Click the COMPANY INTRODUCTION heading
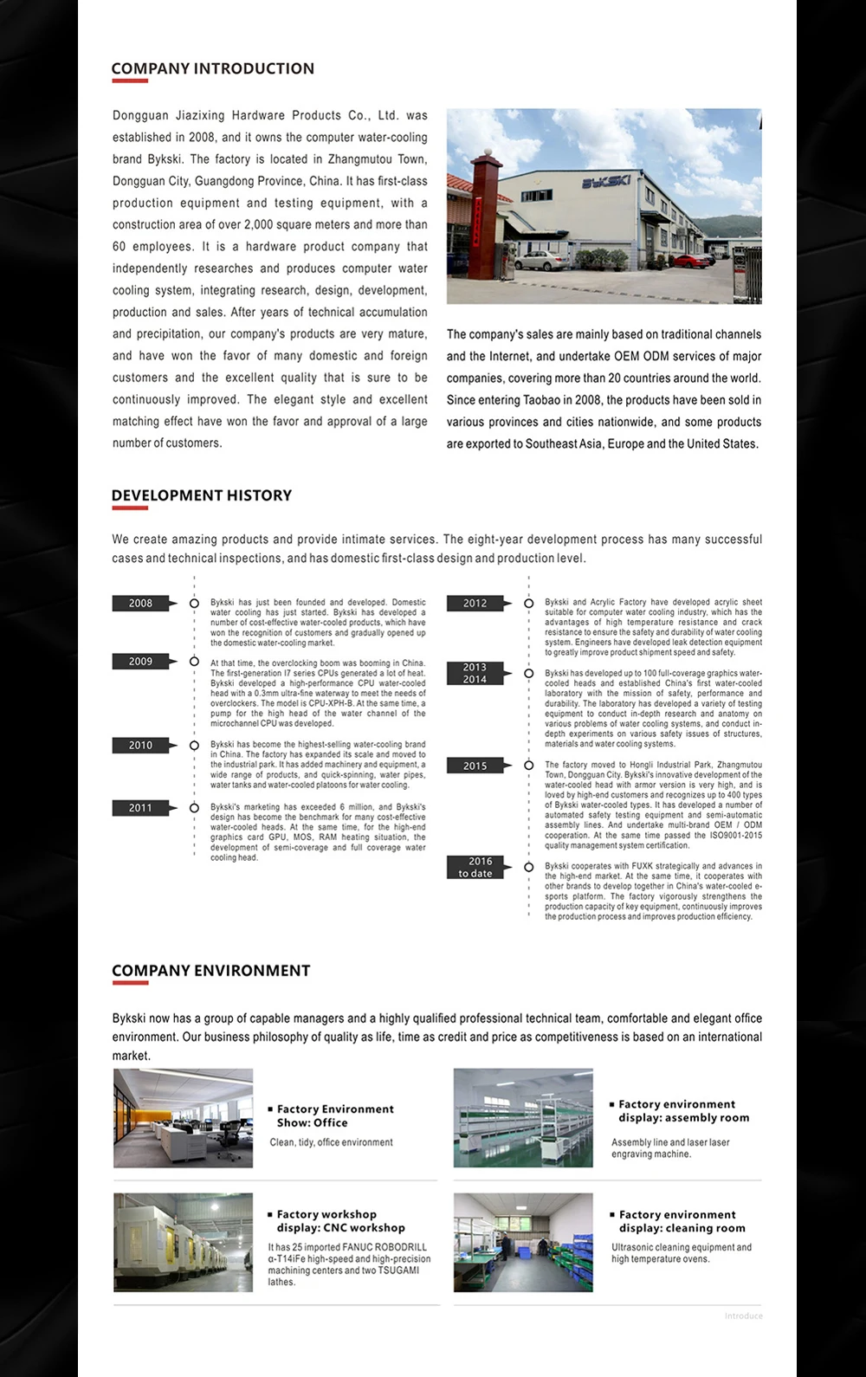click(212, 69)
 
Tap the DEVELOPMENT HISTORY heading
click(201, 495)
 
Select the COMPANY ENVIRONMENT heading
click(210, 971)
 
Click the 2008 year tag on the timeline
click(141, 604)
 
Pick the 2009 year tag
click(141, 662)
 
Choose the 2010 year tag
click(141, 746)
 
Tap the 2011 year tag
click(141, 808)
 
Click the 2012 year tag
click(475, 604)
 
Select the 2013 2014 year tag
click(475, 674)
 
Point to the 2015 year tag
click(475, 766)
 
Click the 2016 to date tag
click(475, 868)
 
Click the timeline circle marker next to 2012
click(529, 604)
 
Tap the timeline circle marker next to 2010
click(194, 746)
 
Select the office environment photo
click(184, 1118)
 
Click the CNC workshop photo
click(184, 1243)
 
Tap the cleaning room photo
click(523, 1243)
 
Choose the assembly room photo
click(523, 1118)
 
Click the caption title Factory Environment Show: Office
click(333, 1116)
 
